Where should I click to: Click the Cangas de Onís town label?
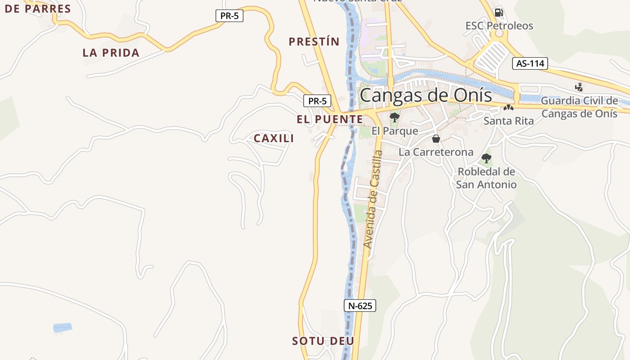[x=425, y=95]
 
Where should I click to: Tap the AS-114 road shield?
[x=530, y=63]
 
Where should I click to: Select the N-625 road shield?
[x=360, y=306]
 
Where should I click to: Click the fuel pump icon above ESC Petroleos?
[x=498, y=13]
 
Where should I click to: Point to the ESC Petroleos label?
[x=499, y=26]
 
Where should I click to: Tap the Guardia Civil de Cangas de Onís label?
[x=579, y=107]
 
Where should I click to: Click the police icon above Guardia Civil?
[x=579, y=87]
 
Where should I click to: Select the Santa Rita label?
[x=508, y=121]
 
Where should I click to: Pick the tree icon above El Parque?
[x=395, y=117]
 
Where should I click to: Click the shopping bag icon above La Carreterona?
[x=436, y=139]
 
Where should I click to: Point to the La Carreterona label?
[x=436, y=152]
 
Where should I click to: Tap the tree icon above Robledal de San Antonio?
[x=486, y=158]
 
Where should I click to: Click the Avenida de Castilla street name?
[x=373, y=199]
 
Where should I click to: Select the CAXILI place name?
[x=274, y=138]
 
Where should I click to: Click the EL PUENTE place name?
[x=329, y=119]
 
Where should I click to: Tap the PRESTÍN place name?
[x=314, y=42]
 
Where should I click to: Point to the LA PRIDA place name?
[x=111, y=53]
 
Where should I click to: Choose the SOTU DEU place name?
[x=323, y=341]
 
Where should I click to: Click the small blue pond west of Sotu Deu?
[x=62, y=328]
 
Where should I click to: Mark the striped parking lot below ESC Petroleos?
[x=493, y=56]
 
